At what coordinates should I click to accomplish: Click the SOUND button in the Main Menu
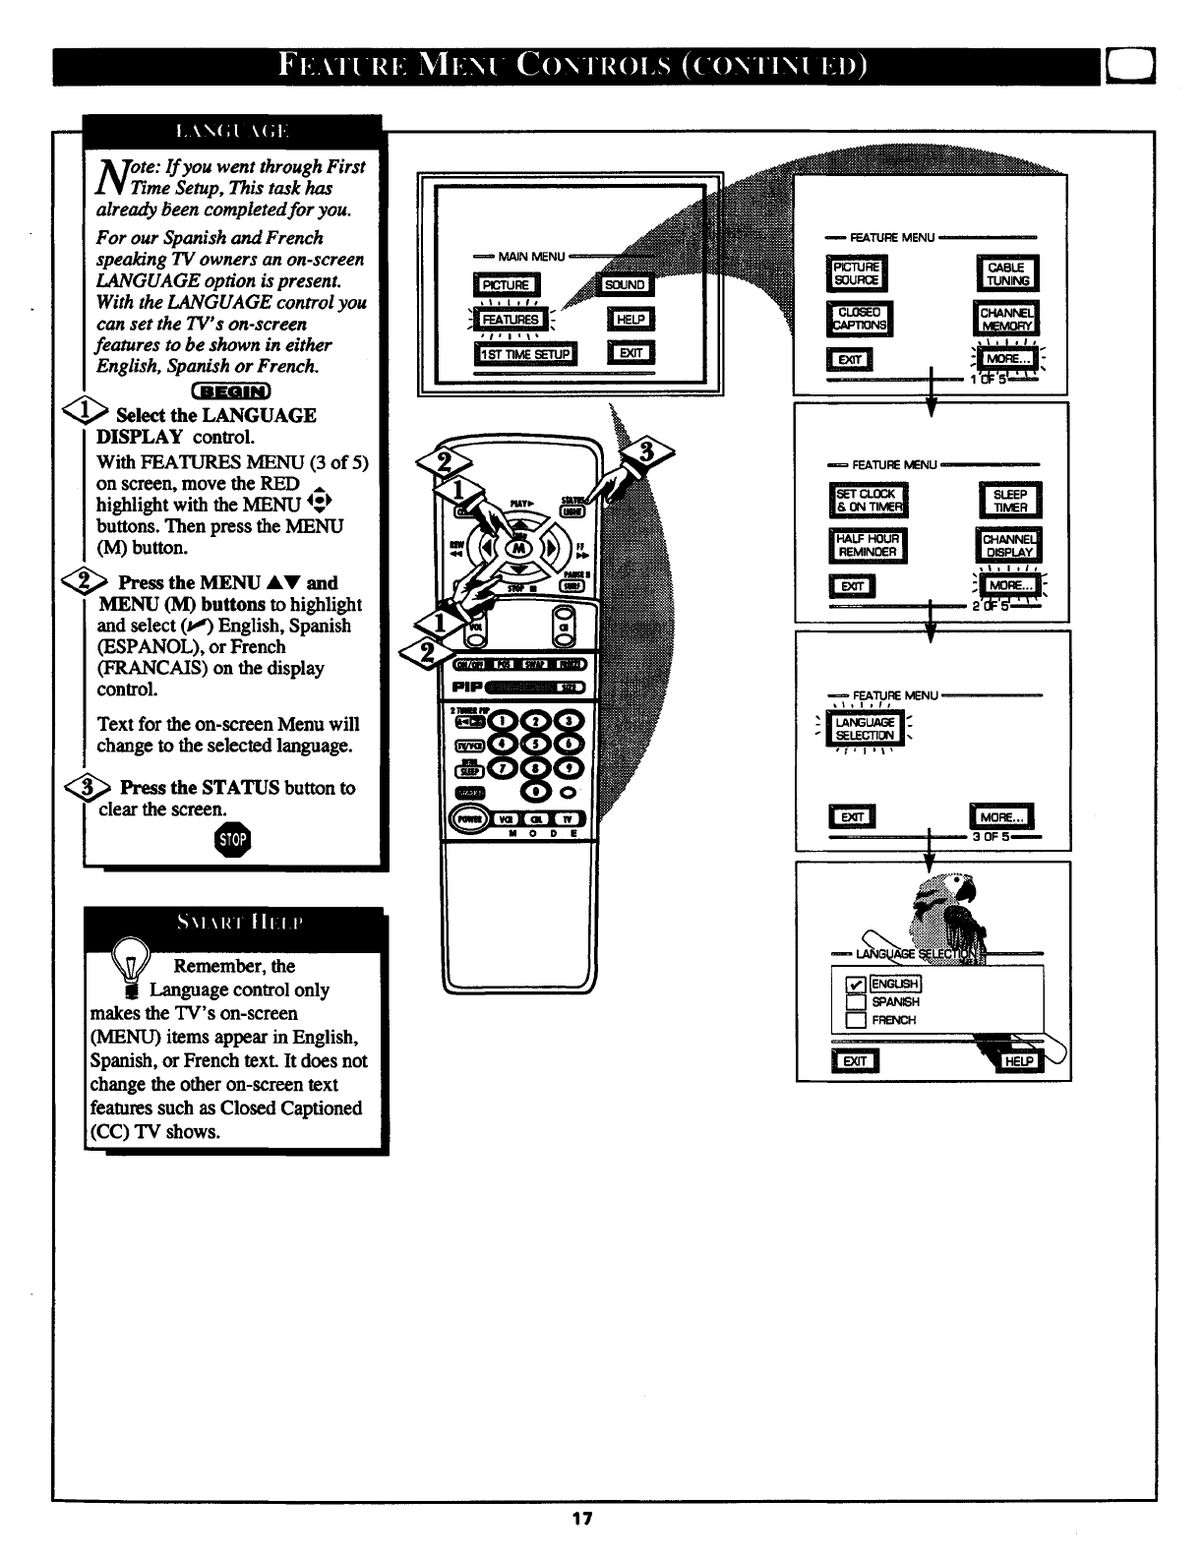tap(625, 285)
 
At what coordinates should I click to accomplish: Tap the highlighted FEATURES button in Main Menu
tap(510, 319)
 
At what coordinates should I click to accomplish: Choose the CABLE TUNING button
tap(1006, 274)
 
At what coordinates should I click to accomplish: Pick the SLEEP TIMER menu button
tap(1010, 502)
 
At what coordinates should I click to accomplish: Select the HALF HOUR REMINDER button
tap(868, 545)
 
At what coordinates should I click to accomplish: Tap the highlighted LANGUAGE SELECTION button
tap(865, 729)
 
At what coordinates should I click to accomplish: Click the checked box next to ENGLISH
tap(855, 985)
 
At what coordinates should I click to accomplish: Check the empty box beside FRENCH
tap(855, 1020)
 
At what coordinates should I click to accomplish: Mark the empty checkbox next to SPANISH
tap(855, 1002)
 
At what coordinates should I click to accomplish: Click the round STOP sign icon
tap(233, 839)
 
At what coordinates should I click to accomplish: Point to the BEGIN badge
tap(232, 393)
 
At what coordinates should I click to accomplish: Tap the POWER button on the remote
tap(465, 818)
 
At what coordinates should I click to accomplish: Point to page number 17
tap(581, 1519)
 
